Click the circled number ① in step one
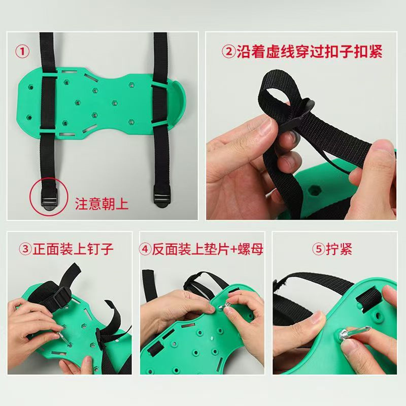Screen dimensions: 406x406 [23, 51]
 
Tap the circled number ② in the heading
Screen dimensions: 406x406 [228, 52]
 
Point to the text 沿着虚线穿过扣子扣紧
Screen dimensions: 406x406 [310, 52]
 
